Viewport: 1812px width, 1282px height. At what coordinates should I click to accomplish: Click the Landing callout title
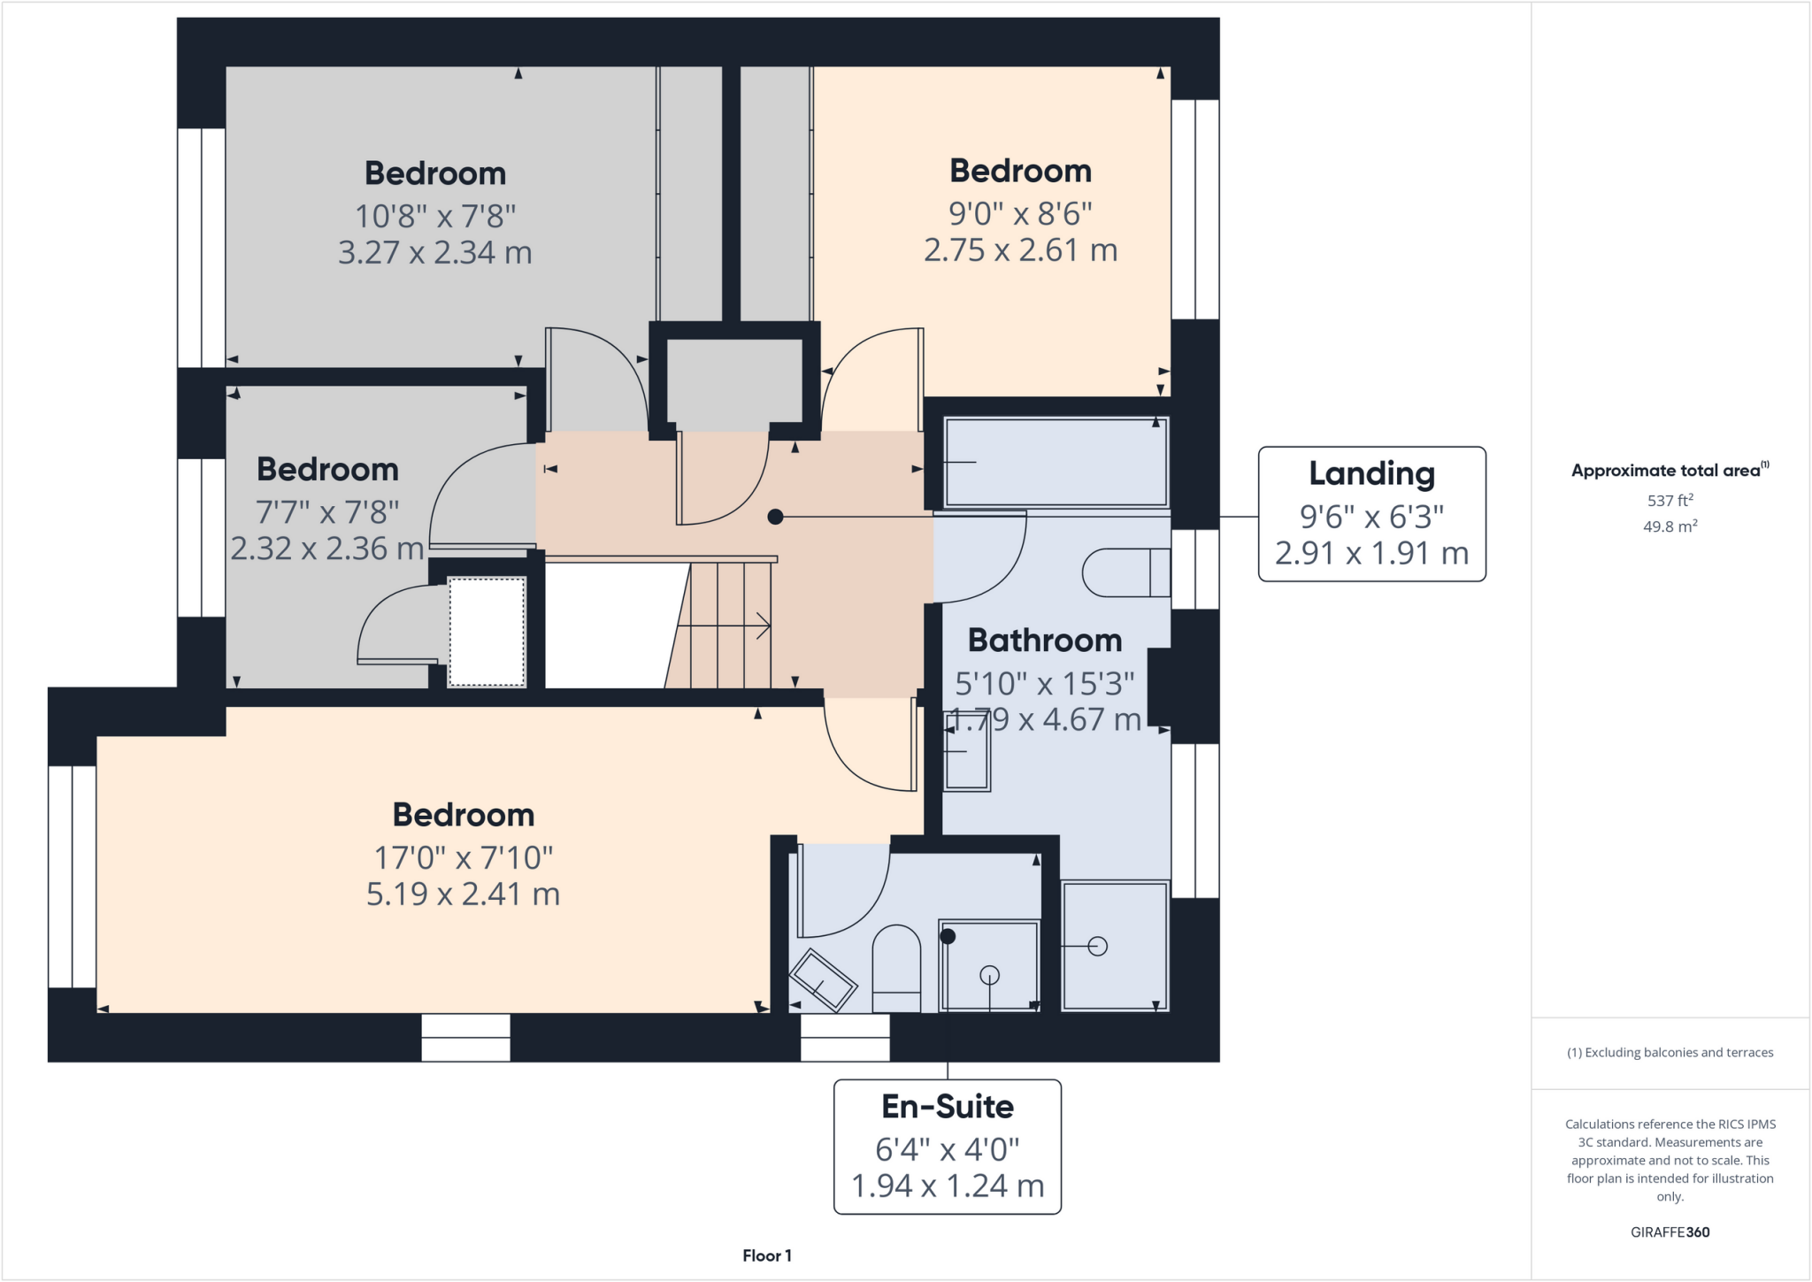tap(1371, 474)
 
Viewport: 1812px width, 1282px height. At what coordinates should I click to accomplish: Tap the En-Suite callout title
tap(947, 1107)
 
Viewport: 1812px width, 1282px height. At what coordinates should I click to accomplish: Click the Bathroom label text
tap(1044, 640)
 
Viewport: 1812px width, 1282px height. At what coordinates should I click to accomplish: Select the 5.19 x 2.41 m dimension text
tap(463, 894)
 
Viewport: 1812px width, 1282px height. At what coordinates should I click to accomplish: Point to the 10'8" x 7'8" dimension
tap(434, 216)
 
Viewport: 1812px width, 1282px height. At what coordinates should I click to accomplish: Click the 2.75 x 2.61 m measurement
tap(1020, 250)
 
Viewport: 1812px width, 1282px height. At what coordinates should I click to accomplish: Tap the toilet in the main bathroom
tap(1125, 572)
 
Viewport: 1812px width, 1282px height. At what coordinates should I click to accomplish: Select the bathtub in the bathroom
tap(1056, 462)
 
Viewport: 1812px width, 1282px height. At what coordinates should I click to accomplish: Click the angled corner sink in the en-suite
tap(823, 980)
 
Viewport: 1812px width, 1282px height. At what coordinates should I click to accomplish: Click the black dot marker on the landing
tap(775, 517)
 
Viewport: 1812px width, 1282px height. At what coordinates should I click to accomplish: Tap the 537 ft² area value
tap(1670, 501)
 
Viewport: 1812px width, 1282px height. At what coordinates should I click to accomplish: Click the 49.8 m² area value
tap(1670, 526)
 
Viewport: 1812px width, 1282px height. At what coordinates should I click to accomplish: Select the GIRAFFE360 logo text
tap(1670, 1232)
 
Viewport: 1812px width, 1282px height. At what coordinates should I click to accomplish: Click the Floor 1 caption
tap(766, 1255)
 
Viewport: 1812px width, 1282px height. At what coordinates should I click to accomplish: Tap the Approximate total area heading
tap(1669, 471)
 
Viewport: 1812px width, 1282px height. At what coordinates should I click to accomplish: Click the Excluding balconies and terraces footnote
tap(1670, 1053)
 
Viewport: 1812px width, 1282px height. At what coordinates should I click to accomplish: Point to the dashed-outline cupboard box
tap(487, 631)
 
